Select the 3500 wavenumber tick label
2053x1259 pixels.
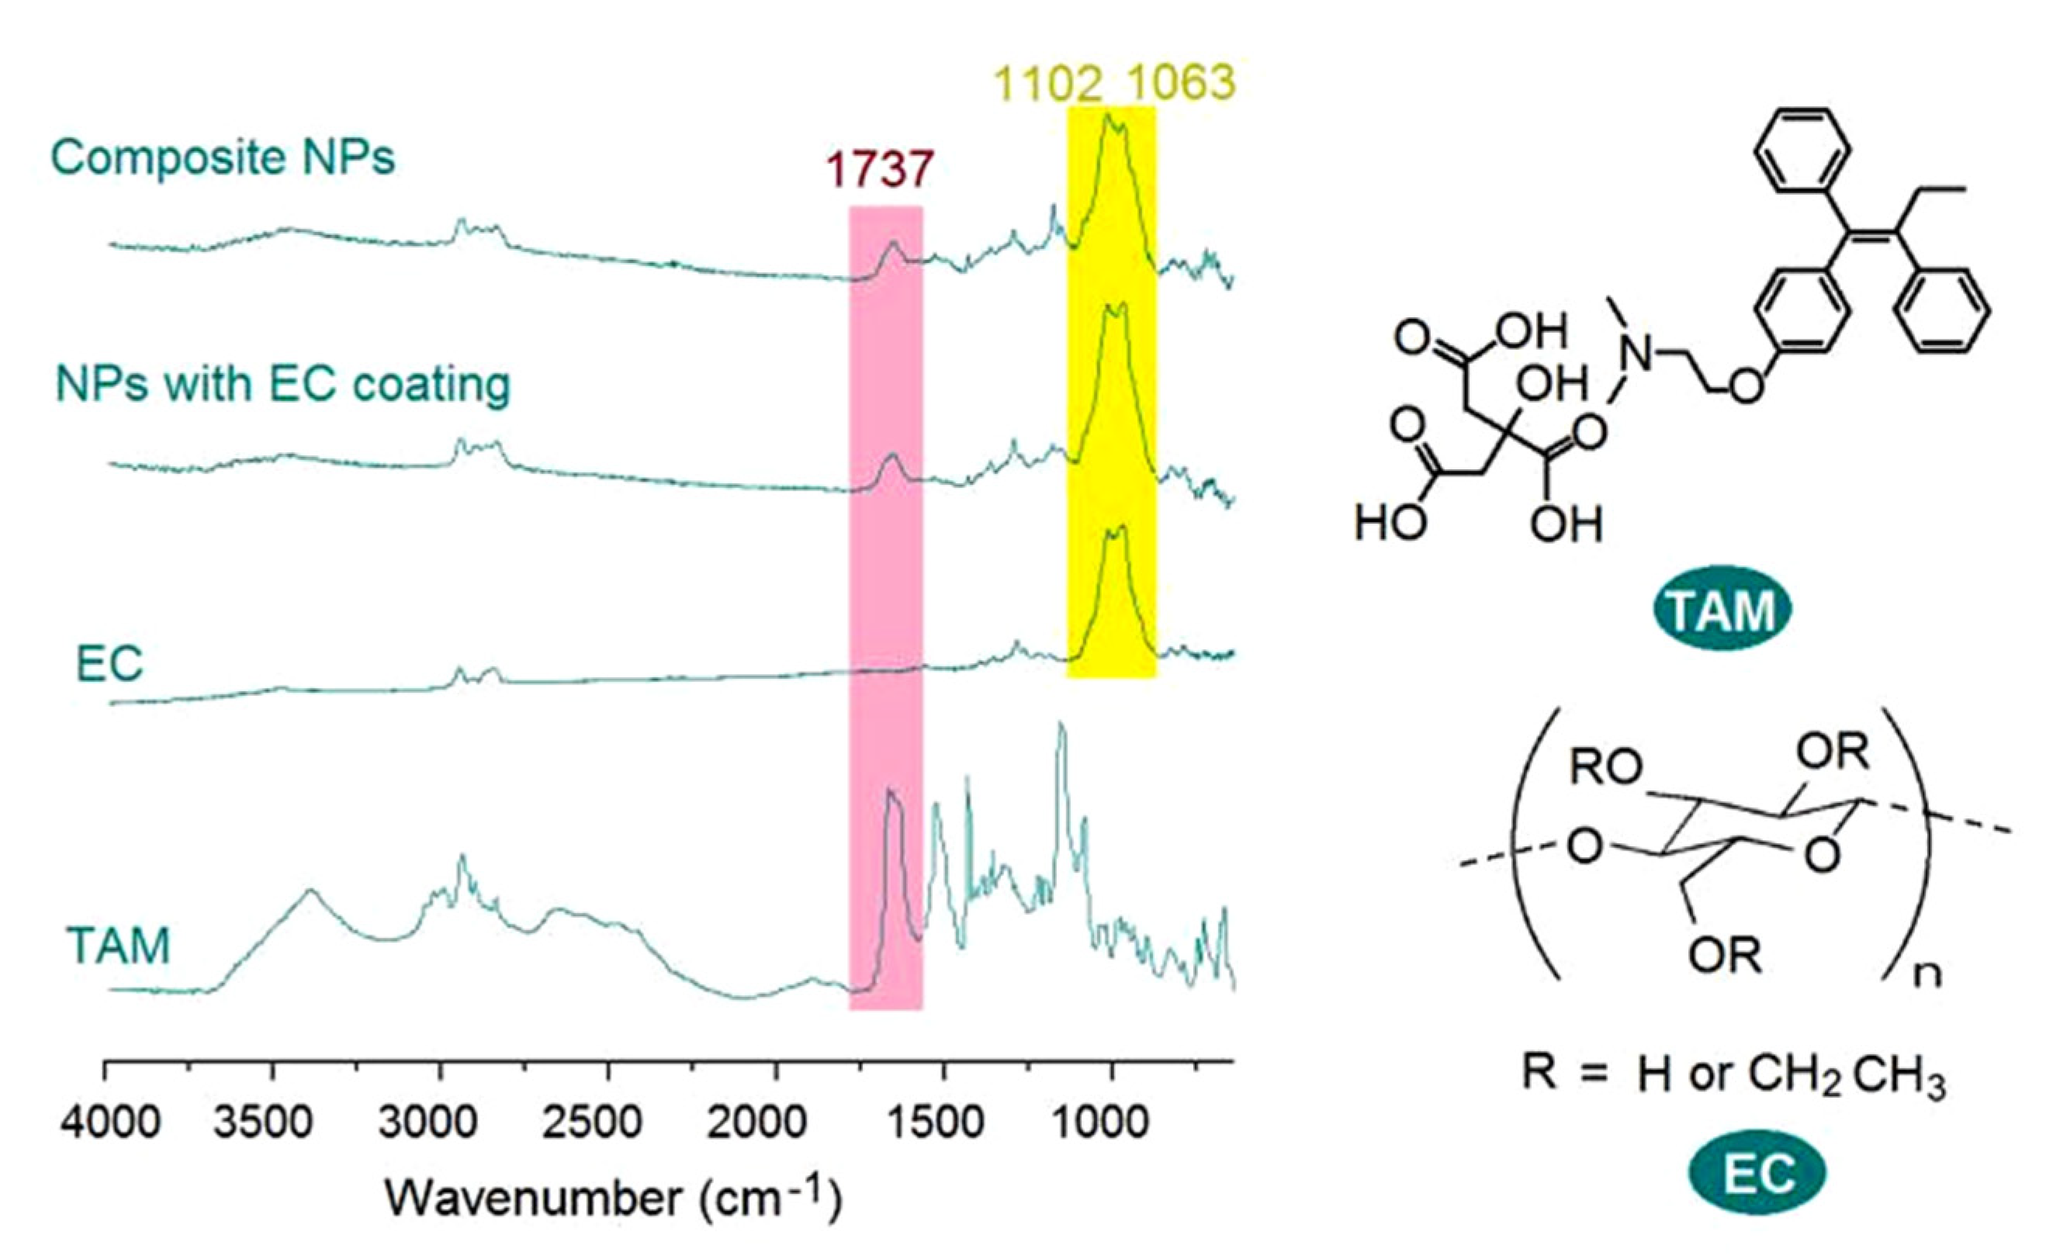[x=263, y=1123]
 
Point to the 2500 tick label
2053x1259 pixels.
[x=591, y=1123]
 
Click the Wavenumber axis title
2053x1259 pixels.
[x=612, y=1198]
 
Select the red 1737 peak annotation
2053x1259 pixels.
[x=879, y=169]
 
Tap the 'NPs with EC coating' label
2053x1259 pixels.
[x=282, y=384]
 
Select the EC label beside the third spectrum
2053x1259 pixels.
[x=109, y=664]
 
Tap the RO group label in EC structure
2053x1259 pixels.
[x=1605, y=768]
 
